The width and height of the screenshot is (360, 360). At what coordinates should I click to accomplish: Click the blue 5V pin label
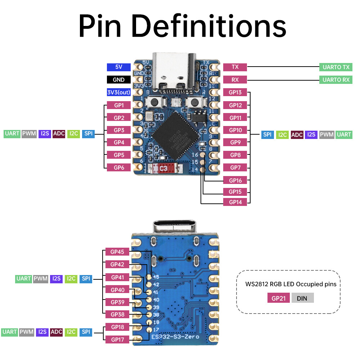(118, 67)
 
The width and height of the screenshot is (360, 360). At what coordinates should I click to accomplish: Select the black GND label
(118, 80)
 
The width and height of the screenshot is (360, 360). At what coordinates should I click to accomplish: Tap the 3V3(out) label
(118, 92)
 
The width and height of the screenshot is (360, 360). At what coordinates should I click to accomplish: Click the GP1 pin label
(119, 105)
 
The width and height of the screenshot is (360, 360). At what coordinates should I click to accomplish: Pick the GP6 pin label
(119, 167)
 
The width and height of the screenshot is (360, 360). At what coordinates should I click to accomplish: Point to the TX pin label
(235, 67)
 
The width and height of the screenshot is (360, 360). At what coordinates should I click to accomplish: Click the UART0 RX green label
(336, 80)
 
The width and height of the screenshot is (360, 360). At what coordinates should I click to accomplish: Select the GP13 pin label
(235, 93)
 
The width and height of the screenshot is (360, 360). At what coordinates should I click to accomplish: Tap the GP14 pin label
(235, 202)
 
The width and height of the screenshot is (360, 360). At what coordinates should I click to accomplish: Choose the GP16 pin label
(235, 180)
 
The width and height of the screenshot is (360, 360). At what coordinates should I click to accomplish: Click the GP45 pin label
(117, 252)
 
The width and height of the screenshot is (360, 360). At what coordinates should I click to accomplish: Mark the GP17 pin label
(117, 339)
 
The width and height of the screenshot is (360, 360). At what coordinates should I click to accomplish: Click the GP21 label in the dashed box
(278, 298)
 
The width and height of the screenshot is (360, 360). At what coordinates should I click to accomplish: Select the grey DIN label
(302, 298)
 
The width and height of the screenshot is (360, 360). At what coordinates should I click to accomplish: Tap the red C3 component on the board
(163, 168)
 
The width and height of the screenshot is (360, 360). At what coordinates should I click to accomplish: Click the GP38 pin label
(117, 314)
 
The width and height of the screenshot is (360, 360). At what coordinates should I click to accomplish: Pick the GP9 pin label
(235, 142)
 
